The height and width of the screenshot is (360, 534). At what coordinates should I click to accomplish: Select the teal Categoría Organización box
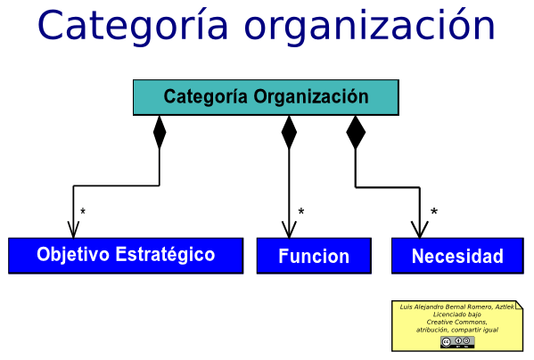tap(266, 97)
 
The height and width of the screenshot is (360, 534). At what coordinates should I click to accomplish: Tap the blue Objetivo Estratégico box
tap(126, 255)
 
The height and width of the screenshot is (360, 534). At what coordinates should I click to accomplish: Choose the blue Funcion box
tap(314, 256)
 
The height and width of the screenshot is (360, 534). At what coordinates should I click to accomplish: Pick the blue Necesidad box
tap(457, 256)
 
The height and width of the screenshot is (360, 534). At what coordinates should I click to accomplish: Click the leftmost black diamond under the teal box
tap(160, 132)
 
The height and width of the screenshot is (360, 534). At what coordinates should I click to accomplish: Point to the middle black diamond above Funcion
tap(289, 132)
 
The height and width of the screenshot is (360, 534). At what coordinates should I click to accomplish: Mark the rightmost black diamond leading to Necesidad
tap(356, 132)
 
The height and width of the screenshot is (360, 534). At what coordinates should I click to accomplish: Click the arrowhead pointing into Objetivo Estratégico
tap(73, 229)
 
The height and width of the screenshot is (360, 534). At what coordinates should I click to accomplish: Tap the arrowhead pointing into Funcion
tap(289, 229)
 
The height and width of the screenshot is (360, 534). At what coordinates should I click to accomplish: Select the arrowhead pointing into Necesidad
tap(419, 229)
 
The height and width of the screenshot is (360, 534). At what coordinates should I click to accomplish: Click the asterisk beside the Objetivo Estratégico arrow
tap(83, 212)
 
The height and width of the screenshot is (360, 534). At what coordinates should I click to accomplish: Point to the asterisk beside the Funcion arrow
tap(301, 212)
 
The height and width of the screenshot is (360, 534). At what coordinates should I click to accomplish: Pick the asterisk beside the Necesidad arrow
tap(434, 212)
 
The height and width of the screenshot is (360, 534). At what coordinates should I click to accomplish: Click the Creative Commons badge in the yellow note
tap(456, 342)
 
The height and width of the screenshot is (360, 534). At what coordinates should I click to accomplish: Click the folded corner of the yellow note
tap(519, 305)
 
